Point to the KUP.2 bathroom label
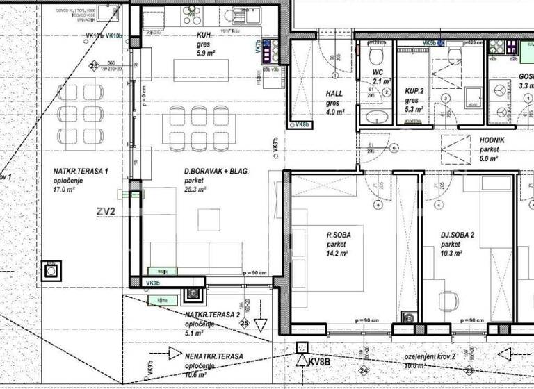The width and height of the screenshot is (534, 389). [x=416, y=91]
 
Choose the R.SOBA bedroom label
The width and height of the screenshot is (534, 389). [x=339, y=235]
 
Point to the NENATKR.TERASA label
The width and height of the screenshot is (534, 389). [x=214, y=356]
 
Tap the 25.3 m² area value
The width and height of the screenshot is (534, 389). [x=195, y=189]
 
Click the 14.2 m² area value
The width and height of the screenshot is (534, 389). [x=339, y=254]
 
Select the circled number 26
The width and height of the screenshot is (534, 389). [x=95, y=66]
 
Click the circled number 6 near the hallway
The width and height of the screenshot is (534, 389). [x=394, y=148]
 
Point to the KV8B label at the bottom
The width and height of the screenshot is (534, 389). [x=318, y=362]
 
